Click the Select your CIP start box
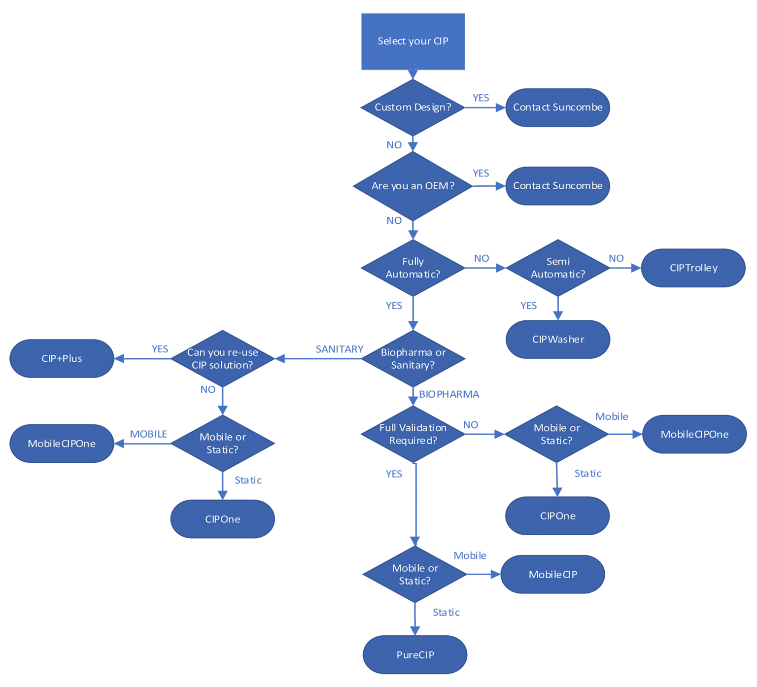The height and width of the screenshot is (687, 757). point(413,41)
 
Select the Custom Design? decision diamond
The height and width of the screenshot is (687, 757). point(413,107)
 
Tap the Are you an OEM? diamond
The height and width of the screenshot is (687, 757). point(413,186)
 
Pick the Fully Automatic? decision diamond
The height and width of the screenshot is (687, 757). point(413,268)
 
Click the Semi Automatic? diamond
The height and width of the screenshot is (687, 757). point(558,268)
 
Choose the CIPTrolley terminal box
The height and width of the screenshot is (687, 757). point(693,268)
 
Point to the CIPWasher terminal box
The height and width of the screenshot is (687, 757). point(558,339)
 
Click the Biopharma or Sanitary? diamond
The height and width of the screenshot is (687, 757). point(413,358)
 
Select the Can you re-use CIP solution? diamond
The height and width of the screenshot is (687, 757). point(223,358)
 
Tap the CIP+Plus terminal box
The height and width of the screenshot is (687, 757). point(62,358)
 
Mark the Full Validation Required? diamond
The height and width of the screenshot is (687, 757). point(413,434)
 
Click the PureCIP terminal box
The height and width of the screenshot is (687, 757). point(415,654)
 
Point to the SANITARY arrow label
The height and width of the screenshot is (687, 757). point(340,349)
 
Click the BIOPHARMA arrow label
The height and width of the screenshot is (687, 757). point(449,394)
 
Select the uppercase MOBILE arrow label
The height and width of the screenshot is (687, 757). point(148,434)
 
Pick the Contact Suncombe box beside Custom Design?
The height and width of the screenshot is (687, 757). point(558,107)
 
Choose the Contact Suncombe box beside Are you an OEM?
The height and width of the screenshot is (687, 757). point(558,186)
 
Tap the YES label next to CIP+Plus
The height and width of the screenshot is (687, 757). point(160,349)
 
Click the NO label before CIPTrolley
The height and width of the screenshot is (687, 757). point(616,258)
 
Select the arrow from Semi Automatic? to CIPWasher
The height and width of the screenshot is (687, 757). point(558,308)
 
